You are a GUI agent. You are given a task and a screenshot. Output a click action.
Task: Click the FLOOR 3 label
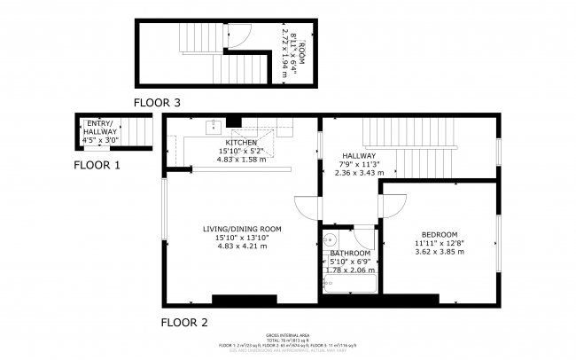click(158, 103)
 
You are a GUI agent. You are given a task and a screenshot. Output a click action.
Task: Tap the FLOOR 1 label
click(97, 164)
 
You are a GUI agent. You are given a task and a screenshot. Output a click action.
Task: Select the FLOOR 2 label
click(184, 322)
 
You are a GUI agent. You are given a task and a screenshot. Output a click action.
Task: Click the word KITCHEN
click(241, 143)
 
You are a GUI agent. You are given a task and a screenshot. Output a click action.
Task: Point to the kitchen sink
click(214, 128)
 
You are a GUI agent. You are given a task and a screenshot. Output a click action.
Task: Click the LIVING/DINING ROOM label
click(241, 229)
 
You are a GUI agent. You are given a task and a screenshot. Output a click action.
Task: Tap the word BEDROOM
click(439, 234)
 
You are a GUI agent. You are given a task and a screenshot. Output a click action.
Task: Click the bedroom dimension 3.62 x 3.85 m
click(439, 252)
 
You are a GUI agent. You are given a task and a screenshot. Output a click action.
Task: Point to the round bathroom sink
click(329, 239)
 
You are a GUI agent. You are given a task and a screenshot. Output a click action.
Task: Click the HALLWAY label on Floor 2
click(359, 155)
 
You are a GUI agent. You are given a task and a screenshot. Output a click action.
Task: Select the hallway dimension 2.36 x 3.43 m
click(359, 173)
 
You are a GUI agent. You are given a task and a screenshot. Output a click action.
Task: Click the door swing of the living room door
click(307, 206)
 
